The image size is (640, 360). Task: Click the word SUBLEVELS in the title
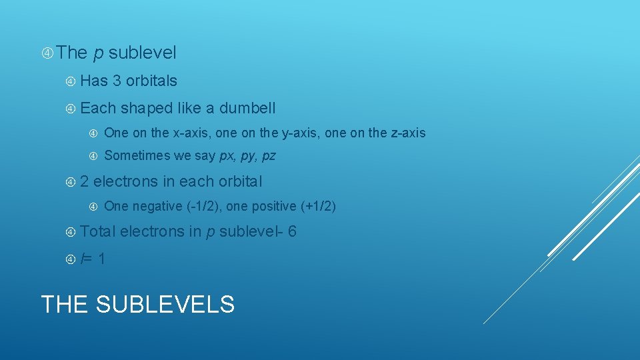[165, 305]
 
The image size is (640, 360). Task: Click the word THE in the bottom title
[65, 305]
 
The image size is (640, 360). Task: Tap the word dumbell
[247, 108]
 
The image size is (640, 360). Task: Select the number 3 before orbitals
[117, 81]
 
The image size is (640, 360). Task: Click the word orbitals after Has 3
[151, 81]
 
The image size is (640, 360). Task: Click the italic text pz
[269, 156]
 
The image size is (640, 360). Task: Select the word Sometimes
[133, 156]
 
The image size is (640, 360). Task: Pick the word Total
[98, 232]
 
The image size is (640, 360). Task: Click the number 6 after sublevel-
[293, 232]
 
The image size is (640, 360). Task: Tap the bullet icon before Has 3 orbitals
[71, 81]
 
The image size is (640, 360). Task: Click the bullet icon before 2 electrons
[71, 181]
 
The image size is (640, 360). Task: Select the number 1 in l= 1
[101, 259]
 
